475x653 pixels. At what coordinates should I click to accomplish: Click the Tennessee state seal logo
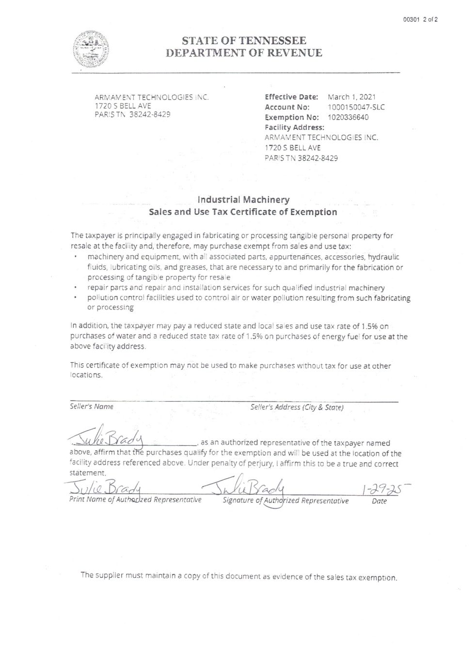point(91,49)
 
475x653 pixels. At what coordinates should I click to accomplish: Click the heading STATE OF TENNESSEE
point(244,41)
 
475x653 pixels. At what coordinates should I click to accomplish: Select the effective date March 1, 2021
point(351,97)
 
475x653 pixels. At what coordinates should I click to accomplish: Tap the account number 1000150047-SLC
point(356,107)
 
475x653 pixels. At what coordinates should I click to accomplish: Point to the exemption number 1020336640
point(348,117)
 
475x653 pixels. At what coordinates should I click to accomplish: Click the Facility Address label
point(294,127)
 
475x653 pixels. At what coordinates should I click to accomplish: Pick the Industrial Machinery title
point(243,200)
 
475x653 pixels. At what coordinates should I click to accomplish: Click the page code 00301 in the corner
point(411,20)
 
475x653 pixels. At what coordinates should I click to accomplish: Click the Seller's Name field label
point(92,407)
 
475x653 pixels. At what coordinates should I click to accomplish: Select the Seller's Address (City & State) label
point(297,407)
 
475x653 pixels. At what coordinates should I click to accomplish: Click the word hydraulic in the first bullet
point(384,257)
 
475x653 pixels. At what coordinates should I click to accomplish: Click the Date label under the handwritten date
point(379,501)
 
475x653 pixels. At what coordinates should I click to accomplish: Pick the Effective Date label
point(291,97)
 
